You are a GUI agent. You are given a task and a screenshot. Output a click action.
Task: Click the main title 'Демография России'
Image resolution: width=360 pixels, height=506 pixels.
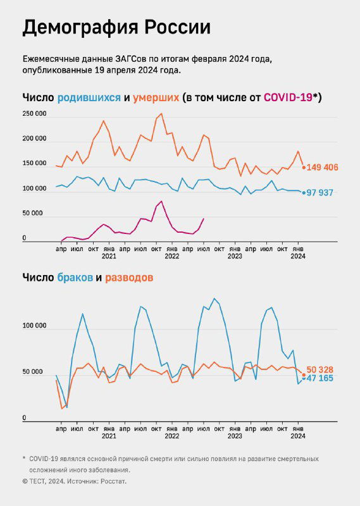tap(116, 28)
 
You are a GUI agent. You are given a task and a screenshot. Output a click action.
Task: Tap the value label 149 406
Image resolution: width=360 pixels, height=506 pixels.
tap(323, 168)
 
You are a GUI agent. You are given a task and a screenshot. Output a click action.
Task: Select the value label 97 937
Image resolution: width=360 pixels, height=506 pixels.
tap(320, 193)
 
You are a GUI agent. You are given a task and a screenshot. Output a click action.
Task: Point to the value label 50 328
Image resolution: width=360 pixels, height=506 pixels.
tap(320, 369)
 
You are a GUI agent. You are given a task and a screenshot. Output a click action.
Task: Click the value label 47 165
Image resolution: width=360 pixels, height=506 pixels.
tap(320, 378)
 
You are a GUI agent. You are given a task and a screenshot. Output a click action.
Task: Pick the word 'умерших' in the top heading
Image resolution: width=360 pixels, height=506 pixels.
tap(155, 98)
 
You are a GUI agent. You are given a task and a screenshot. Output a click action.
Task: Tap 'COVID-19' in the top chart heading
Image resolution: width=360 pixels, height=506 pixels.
tap(288, 97)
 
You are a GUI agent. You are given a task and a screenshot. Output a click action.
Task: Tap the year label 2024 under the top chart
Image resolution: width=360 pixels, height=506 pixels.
tap(298, 257)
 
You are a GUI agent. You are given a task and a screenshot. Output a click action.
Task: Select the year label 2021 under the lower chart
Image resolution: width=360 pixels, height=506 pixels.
tap(109, 436)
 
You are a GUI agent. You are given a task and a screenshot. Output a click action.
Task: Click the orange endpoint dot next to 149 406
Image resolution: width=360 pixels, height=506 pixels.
tap(304, 168)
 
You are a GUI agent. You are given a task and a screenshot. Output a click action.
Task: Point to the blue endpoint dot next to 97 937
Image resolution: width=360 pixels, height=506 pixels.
tap(304, 192)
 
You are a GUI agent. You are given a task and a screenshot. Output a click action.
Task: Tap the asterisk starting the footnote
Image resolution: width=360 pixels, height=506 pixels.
tap(23, 458)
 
